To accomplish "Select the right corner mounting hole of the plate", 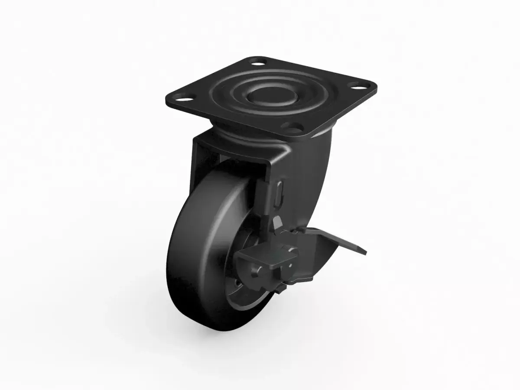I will click(357, 86).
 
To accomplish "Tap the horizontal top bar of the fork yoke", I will click(230, 152).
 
